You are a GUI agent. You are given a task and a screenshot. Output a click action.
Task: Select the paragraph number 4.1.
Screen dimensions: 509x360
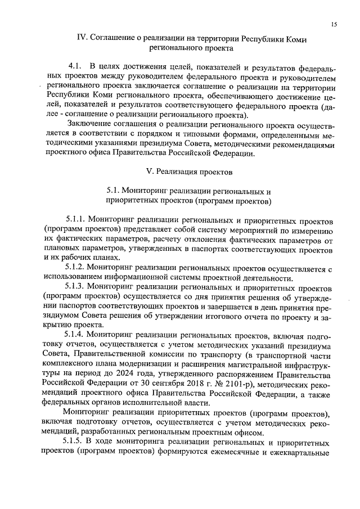pyautogui.click(x=75, y=66)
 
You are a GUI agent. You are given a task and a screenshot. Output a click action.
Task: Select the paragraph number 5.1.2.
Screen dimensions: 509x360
pyautogui.click(x=78, y=267)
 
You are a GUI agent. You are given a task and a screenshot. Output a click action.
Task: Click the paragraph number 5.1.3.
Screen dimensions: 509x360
pyautogui.click(x=78, y=287)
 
